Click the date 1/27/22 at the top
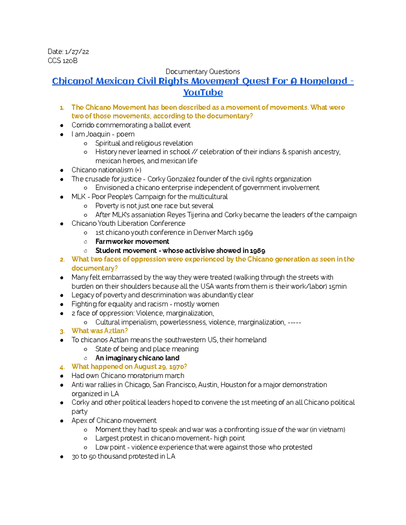pyautogui.click(x=77, y=52)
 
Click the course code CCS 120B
pyautogui.click(x=63, y=61)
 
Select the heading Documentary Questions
pyautogui.click(x=203, y=72)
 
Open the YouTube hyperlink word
pyautogui.click(x=203, y=93)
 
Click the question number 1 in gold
pyautogui.click(x=62, y=108)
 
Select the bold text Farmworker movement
pyautogui.click(x=132, y=242)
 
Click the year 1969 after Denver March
pyautogui.click(x=245, y=233)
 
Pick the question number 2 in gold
pyautogui.click(x=62, y=260)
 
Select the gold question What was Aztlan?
pyautogui.click(x=99, y=331)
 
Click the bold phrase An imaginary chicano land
pyautogui.click(x=137, y=358)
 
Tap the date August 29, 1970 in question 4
pyautogui.click(x=159, y=367)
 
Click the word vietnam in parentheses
pyautogui.click(x=330, y=430)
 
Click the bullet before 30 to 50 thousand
pyautogui.click(x=62, y=457)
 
